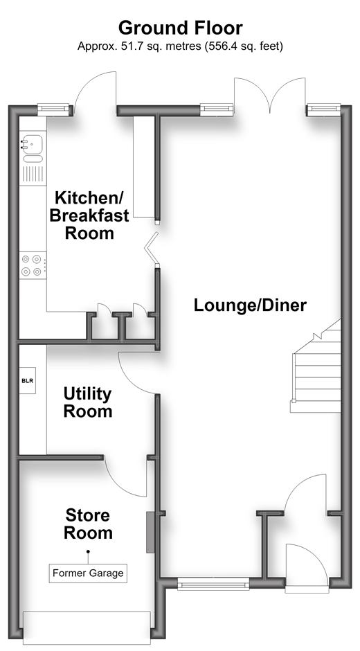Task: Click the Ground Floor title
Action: point(180,28)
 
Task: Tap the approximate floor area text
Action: point(180,46)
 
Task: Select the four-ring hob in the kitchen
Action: point(33,265)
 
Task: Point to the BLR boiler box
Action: point(28,380)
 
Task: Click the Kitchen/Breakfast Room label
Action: point(89,215)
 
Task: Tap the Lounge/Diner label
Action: point(251,305)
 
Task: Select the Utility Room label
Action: point(88,402)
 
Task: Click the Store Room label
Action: point(88,524)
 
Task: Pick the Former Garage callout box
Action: point(88,573)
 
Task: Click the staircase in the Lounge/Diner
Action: point(316,368)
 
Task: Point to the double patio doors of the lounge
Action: point(270,95)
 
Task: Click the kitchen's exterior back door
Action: point(96,93)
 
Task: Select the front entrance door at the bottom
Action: point(307,567)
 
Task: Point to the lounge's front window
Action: point(213,585)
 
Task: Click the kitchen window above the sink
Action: point(53,109)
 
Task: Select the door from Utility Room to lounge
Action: point(138,373)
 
